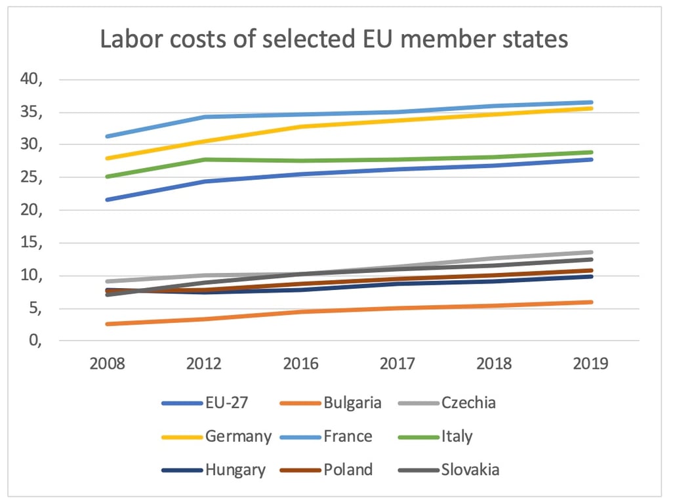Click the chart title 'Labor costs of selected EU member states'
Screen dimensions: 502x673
334,40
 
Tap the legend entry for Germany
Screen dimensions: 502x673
217,436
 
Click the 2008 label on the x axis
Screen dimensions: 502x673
107,364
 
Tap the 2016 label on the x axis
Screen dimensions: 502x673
301,364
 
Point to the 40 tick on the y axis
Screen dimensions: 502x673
31,80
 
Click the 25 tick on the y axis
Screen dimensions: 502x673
31,178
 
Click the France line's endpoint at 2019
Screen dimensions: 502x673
591,102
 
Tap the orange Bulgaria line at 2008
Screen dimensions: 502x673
107,324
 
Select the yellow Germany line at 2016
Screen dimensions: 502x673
301,127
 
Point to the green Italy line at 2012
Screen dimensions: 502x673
204,159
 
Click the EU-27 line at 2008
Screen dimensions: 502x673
107,199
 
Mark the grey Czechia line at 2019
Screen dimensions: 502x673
591,252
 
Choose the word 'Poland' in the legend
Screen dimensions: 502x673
348,470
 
